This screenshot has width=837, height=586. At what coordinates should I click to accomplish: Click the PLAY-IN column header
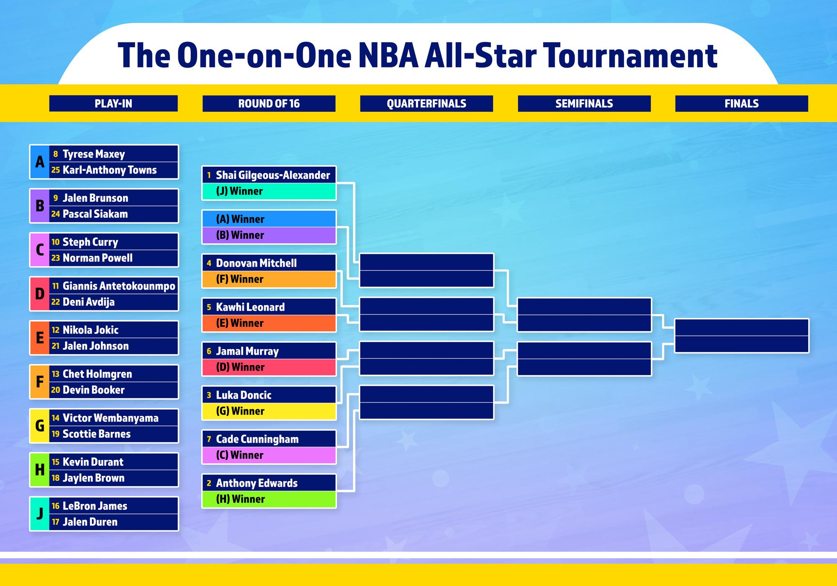(113, 103)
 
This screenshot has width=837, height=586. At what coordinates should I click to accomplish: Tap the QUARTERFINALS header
(426, 103)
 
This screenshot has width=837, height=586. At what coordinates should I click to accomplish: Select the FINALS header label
(742, 103)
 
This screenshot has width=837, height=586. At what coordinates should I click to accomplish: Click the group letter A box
(40, 162)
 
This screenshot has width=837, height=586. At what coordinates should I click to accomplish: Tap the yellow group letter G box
(40, 426)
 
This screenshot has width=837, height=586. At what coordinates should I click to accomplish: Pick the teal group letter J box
(40, 514)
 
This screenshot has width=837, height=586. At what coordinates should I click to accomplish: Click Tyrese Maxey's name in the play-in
(94, 154)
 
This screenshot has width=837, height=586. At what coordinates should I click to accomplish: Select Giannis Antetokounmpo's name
(119, 286)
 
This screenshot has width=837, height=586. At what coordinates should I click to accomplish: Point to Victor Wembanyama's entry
(110, 418)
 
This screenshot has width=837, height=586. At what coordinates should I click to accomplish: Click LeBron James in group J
(95, 506)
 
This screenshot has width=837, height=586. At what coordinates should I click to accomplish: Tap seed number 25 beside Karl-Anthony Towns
(56, 170)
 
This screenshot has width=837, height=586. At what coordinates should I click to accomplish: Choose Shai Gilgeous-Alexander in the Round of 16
(273, 175)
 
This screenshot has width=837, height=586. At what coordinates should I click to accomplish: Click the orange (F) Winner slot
(269, 279)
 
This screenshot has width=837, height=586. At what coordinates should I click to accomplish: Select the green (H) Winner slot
(269, 499)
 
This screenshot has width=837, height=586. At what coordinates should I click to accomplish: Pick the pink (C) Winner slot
(269, 455)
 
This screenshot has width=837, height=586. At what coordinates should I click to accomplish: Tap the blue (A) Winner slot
(269, 219)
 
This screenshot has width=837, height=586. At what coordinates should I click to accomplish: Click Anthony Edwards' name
(257, 483)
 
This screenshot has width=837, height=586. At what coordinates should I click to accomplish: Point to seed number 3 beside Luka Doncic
(209, 395)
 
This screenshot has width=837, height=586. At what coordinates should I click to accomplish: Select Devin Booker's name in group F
(94, 390)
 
